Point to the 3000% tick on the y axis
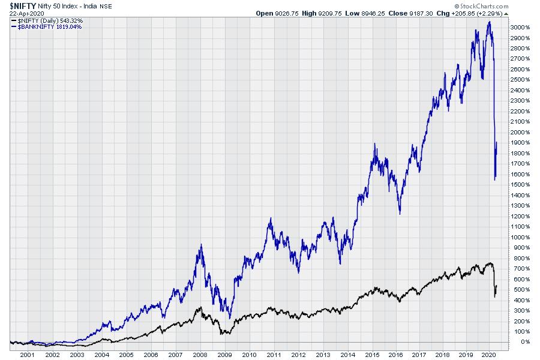pos(520,28)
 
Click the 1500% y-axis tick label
pos(520,185)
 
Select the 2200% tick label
pos(520,112)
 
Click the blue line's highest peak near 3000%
pos(490,22)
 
